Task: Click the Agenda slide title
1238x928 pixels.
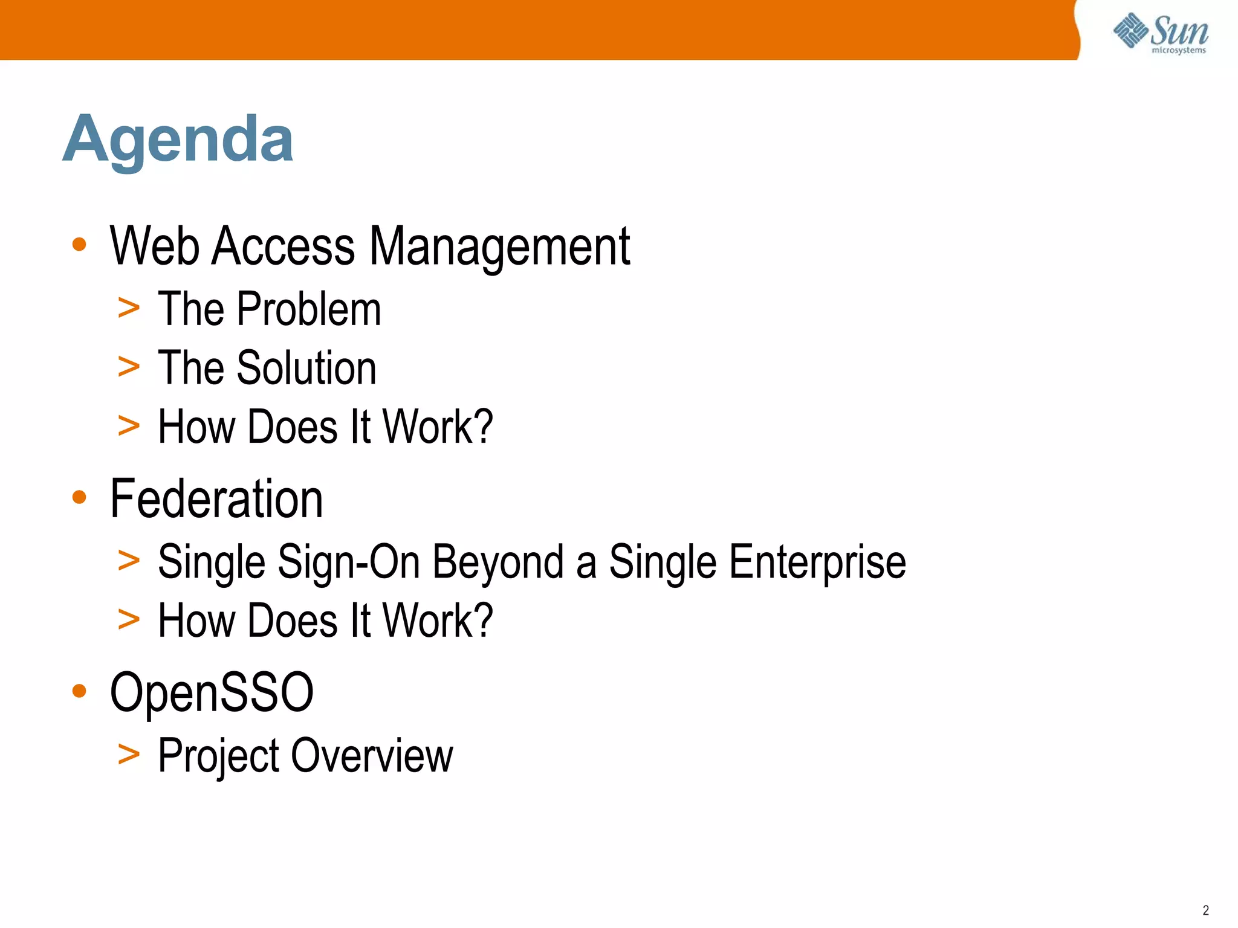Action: tap(178, 140)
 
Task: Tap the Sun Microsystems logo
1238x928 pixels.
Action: tap(1160, 33)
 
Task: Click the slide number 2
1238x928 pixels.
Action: tap(1205, 910)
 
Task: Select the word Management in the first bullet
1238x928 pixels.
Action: tap(499, 246)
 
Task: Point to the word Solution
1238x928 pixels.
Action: tap(306, 368)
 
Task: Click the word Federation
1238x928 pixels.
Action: tap(216, 499)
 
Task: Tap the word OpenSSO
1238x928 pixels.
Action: tap(212, 692)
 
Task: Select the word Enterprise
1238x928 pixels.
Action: tap(817, 562)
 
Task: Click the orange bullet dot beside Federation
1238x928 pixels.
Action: tap(79, 497)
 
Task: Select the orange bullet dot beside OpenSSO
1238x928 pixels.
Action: tap(79, 691)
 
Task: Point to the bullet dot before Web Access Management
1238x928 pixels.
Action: tap(79, 245)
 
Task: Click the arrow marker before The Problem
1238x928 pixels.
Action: tap(129, 309)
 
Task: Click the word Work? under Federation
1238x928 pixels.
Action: tap(438, 620)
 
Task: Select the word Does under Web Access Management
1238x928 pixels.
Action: tap(293, 427)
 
